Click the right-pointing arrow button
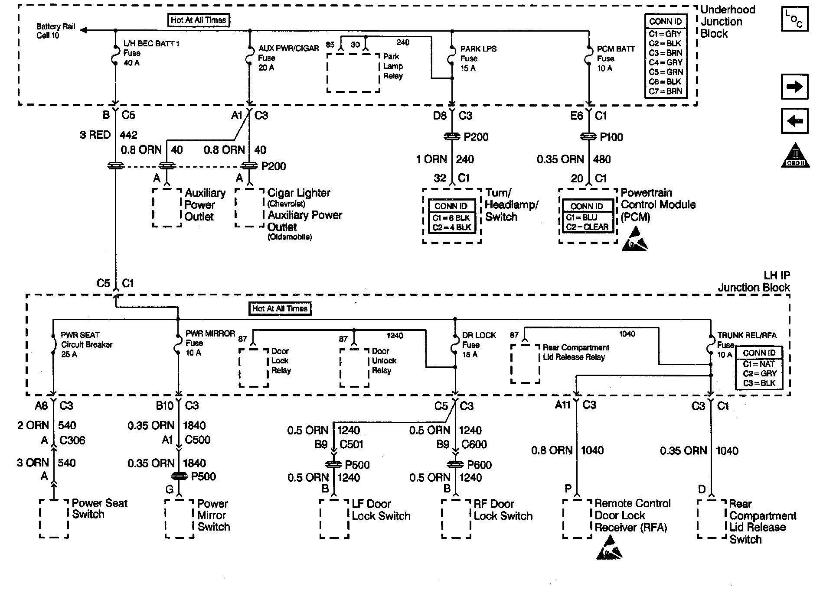tap(794, 87)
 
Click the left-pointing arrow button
tap(794, 121)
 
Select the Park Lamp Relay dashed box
tap(353, 73)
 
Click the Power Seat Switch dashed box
tap(54, 518)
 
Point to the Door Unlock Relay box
tap(354, 367)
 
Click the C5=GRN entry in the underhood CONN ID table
tap(666, 72)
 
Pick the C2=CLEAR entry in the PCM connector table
tap(587, 227)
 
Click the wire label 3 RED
tap(95, 135)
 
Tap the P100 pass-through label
tap(611, 137)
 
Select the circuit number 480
tap(602, 159)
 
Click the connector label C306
tap(72, 441)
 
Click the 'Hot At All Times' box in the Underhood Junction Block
tap(198, 20)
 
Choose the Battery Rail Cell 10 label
tap(56, 31)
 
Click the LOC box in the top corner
tap(794, 19)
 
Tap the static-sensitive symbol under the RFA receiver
tap(609, 548)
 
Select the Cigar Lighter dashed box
tap(249, 207)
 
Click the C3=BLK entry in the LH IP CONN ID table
tap(759, 383)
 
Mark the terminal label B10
tap(165, 406)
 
